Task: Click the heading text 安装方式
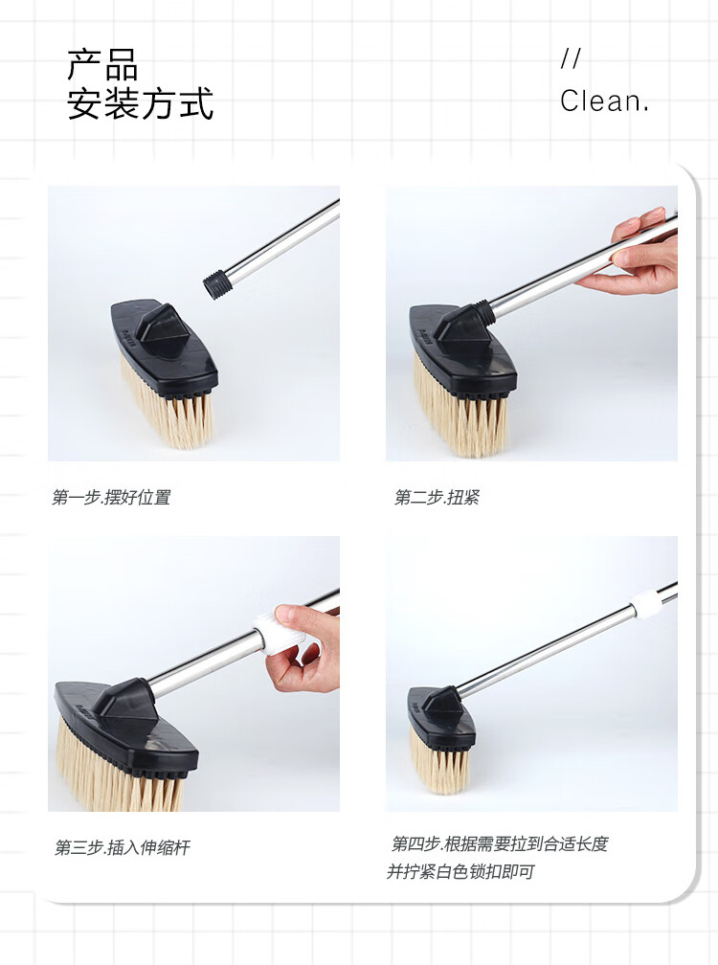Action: pos(141,103)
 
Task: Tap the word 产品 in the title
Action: pos(102,65)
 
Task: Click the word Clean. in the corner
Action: pos(604,101)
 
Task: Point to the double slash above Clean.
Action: pos(571,58)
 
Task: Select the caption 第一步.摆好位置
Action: pos(111,497)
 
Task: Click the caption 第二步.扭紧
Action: pos(437,497)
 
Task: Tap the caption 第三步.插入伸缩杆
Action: pos(123,847)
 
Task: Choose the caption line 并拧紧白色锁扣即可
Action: pos(460,871)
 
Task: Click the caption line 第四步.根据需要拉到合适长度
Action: pos(500,843)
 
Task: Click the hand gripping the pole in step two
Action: pos(633,252)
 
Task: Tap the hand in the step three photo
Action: pos(305,647)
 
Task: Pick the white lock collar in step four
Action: pos(646,603)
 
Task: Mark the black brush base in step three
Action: pos(126,729)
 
